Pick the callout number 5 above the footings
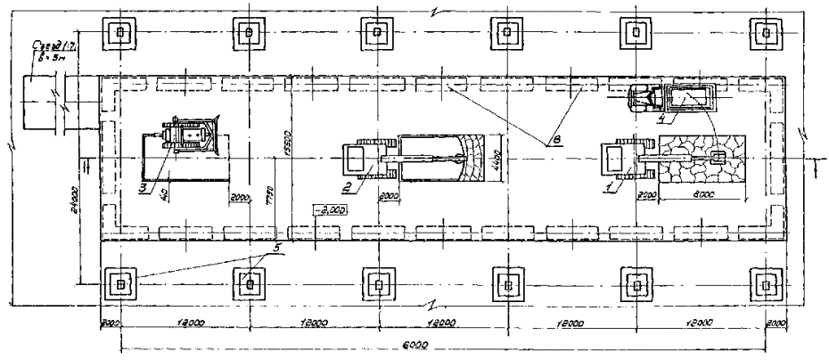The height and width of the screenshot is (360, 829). click(276, 246)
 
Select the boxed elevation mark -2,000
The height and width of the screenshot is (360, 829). click(328, 210)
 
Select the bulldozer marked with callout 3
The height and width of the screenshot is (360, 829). click(187, 138)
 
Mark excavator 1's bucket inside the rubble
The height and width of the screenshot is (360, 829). click(717, 158)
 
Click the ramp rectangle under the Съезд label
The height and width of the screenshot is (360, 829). click(43, 92)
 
